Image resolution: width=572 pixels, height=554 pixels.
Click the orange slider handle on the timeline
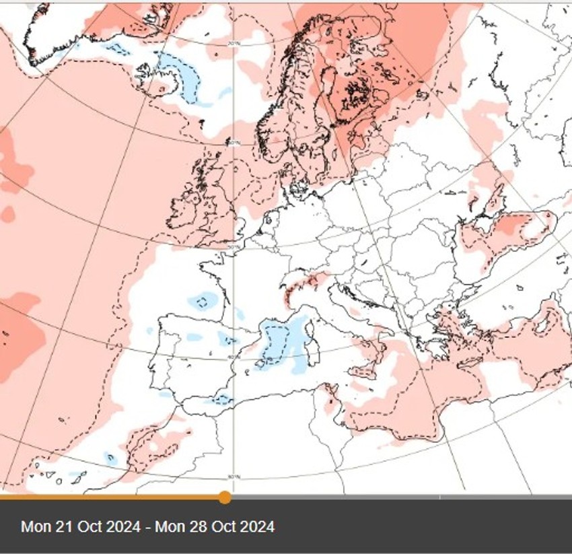click(x=225, y=497)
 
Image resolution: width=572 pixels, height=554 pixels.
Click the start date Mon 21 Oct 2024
click(x=80, y=526)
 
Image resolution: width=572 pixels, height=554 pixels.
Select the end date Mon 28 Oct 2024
click(x=215, y=526)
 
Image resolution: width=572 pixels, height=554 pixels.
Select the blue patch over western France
click(x=202, y=300)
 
